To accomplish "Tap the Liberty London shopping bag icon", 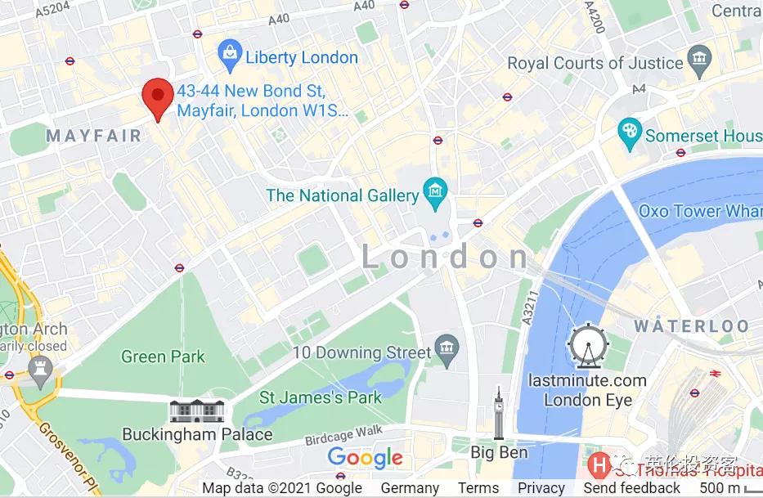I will tap(231, 56).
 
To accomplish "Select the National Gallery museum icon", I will tap(433, 194).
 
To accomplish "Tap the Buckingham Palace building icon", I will tap(197, 411).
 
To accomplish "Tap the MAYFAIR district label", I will tap(94, 136).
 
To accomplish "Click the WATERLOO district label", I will tap(692, 326).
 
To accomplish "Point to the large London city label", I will tap(447, 258).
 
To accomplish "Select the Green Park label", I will tap(163, 357).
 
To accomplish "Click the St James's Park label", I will tap(321, 398).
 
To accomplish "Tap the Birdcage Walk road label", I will tap(344, 434).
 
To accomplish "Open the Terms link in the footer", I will tap(478, 488).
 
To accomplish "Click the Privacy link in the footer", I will tap(541, 488).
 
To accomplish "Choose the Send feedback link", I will tap(631, 488).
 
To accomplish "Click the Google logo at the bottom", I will tap(365, 458).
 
